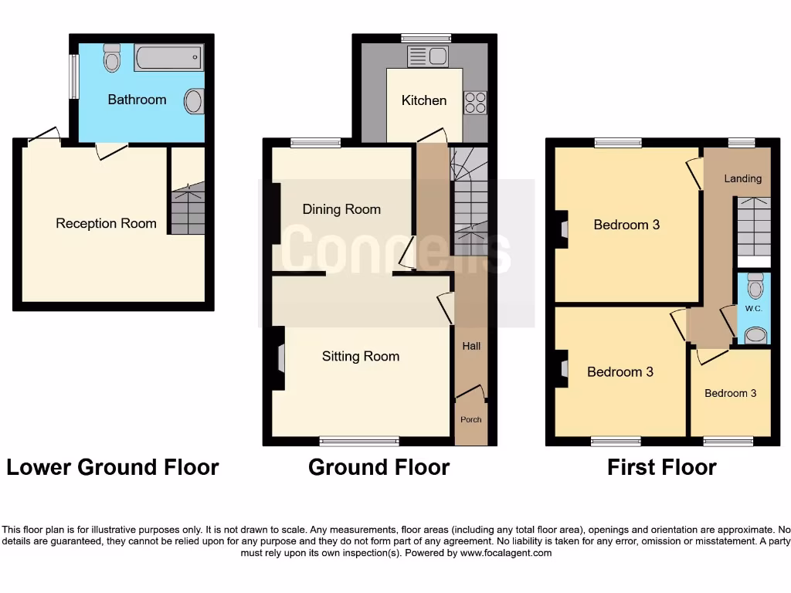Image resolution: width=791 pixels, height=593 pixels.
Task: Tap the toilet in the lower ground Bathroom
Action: coord(112,57)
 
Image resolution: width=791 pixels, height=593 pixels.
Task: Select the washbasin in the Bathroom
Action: coord(194,101)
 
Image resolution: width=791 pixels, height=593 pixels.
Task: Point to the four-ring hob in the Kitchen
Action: coord(474,103)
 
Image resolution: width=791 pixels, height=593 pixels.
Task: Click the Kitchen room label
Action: coord(424,100)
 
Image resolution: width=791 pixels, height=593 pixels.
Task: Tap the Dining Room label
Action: coord(341,209)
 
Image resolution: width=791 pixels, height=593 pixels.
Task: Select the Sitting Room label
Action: coord(361,356)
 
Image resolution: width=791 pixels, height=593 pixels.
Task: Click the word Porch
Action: coord(470,420)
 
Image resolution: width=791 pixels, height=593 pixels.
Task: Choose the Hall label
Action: coord(471,346)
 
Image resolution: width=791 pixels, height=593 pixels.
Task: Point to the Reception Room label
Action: coord(106,223)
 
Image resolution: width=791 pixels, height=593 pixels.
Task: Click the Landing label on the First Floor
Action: coord(742,178)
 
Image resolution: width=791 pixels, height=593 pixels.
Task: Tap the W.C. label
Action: coord(754,309)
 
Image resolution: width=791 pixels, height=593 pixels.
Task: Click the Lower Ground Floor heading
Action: coord(113,467)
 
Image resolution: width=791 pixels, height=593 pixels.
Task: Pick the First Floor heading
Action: coord(662,467)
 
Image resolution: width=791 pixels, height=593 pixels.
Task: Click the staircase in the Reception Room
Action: coord(188,208)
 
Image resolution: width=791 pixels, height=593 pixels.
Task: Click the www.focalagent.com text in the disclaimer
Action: coord(507,553)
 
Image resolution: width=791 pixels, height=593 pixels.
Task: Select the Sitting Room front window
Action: coord(360,441)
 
